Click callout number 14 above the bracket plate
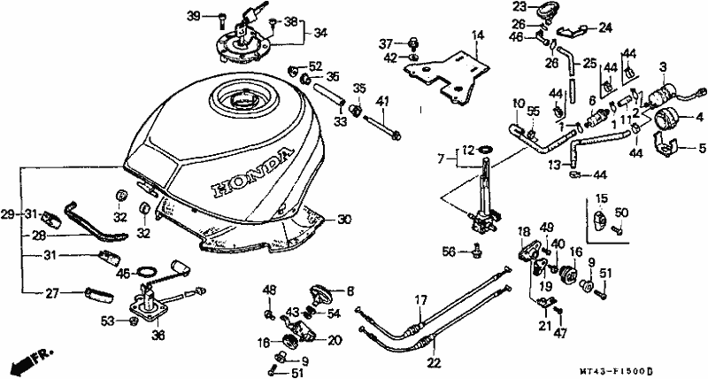478,35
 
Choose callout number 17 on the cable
421,299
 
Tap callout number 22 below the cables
432,361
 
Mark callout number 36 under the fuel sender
158,335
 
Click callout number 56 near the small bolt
450,252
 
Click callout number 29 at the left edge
8,214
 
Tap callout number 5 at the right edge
703,148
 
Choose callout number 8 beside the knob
350,290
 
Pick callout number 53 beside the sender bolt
107,321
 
